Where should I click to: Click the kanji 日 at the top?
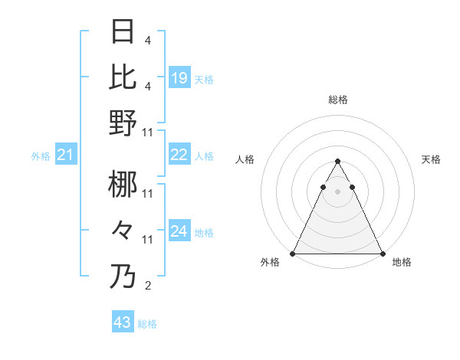pyautogui.click(x=123, y=31)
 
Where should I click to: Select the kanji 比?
pyautogui.click(x=123, y=77)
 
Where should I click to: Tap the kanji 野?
pyautogui.click(x=123, y=123)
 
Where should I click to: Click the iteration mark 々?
pyautogui.click(x=123, y=230)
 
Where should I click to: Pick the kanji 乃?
pyautogui.click(x=123, y=277)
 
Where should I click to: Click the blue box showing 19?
pyautogui.click(x=179, y=77)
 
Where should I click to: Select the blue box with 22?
pyautogui.click(x=179, y=155)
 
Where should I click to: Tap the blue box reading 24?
pyautogui.click(x=179, y=231)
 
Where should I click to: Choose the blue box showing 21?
pyautogui.click(x=66, y=155)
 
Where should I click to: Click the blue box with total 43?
pyautogui.click(x=123, y=322)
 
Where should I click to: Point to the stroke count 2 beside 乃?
pyautogui.click(x=148, y=286)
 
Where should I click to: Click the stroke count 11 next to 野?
pyautogui.click(x=149, y=132)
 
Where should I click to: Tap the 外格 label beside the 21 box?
pyautogui.click(x=41, y=156)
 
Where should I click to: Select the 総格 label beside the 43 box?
pyautogui.click(x=148, y=324)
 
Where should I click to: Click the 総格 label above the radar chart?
pyautogui.click(x=338, y=100)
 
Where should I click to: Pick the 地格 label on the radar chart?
pyautogui.click(x=402, y=263)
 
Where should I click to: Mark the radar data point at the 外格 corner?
pyautogui.click(x=294, y=254)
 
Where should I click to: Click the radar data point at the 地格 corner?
pyautogui.click(x=382, y=254)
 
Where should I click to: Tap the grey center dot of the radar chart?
pyautogui.click(x=338, y=191)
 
